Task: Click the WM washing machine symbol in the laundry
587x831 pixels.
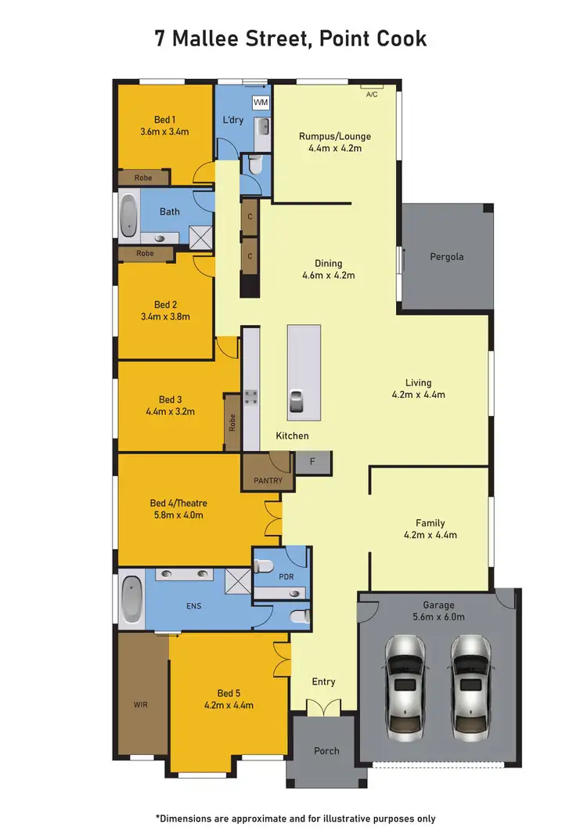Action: tap(260, 102)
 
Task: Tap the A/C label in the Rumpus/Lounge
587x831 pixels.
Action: tap(372, 94)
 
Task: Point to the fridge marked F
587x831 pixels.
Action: tap(313, 462)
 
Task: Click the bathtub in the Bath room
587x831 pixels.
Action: tap(128, 215)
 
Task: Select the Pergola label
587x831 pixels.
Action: tap(447, 257)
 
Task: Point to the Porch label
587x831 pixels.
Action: tap(326, 751)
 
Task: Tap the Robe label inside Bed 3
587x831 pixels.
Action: tap(232, 423)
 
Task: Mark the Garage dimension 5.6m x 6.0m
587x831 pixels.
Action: tap(439, 617)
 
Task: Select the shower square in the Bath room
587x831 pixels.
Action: tap(200, 235)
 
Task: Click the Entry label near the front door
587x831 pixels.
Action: tap(323, 682)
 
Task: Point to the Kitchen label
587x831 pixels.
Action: tap(292, 435)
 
